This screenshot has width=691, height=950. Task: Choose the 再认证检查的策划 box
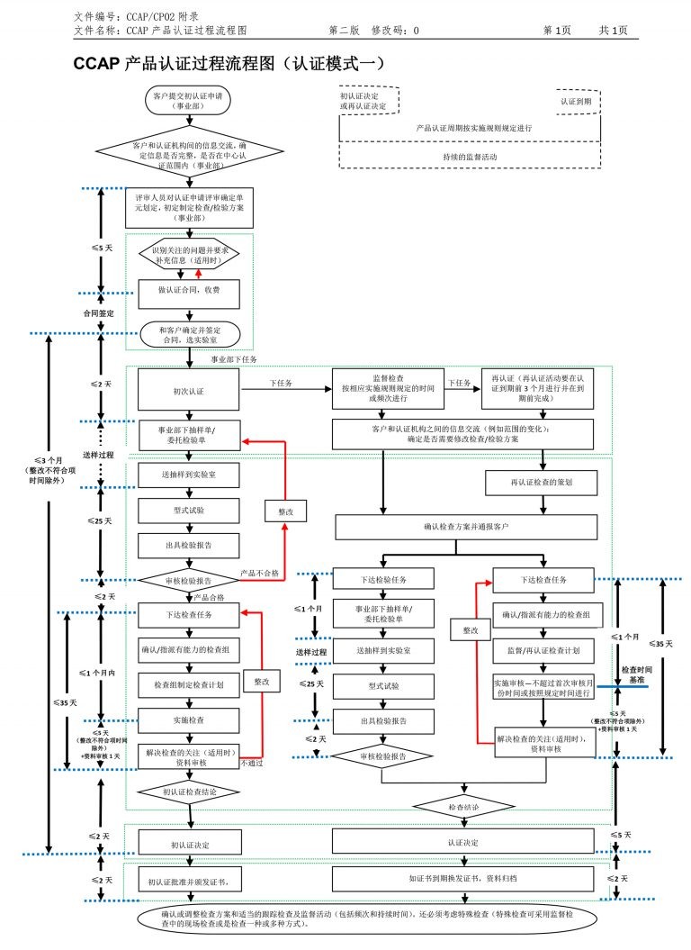point(541,483)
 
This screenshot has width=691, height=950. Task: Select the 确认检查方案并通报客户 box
point(466,526)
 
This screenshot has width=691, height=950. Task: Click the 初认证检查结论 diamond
point(189,793)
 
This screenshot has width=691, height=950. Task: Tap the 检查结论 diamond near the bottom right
point(463,808)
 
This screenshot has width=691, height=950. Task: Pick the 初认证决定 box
point(189,842)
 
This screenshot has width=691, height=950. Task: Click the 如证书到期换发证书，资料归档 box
point(462,876)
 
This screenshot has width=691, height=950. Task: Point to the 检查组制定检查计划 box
point(189,684)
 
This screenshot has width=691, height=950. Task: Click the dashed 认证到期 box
point(576,102)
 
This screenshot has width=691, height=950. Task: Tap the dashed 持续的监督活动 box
point(469,156)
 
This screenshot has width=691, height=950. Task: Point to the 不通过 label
point(252,764)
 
